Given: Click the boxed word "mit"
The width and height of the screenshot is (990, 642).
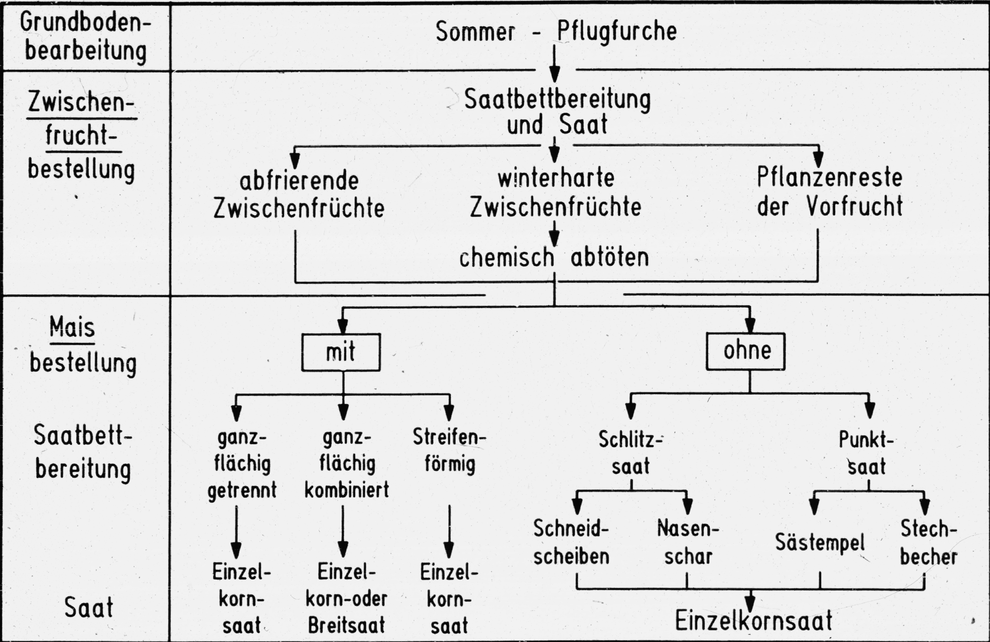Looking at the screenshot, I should pyautogui.click(x=341, y=352).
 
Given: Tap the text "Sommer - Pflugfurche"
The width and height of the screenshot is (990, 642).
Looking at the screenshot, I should pyautogui.click(x=556, y=31).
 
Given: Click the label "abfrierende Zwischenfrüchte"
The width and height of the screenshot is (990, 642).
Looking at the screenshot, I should pyautogui.click(x=298, y=194).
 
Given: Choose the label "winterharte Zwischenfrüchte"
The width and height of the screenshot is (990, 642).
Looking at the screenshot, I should pyautogui.click(x=556, y=192).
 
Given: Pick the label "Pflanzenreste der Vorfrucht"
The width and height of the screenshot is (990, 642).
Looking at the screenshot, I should pyautogui.click(x=830, y=192).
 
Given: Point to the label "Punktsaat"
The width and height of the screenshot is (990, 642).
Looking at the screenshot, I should pyautogui.click(x=866, y=453).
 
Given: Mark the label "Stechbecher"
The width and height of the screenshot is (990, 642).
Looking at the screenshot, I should pyautogui.click(x=928, y=543).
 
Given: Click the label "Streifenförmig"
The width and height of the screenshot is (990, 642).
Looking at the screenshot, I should pyautogui.click(x=449, y=450).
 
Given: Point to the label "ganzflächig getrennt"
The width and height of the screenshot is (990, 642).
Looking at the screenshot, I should pyautogui.click(x=242, y=464).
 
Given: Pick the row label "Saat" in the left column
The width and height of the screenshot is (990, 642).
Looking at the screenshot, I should pyautogui.click(x=89, y=608).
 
